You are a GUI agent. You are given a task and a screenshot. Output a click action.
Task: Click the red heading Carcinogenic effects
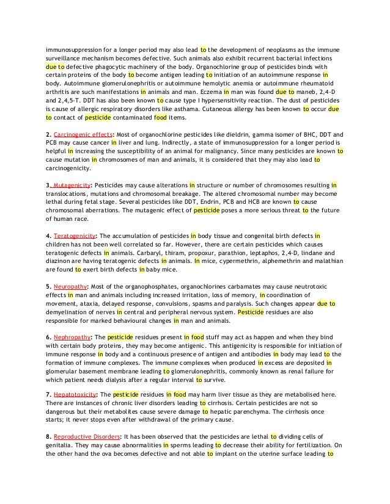(x=83, y=134)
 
